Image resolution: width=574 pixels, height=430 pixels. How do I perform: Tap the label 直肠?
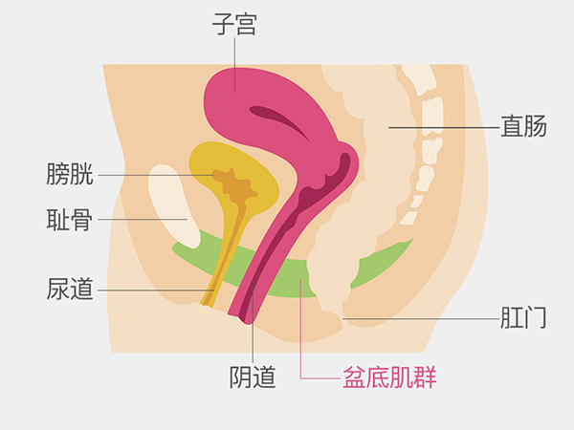pyautogui.click(x=524, y=126)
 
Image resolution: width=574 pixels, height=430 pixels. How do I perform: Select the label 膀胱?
pyautogui.click(x=69, y=175)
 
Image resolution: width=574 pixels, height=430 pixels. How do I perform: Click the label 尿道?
pyautogui.click(x=69, y=289)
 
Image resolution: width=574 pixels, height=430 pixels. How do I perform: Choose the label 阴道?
pyautogui.click(x=253, y=376)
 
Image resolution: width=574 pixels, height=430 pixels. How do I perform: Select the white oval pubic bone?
pyautogui.click(x=168, y=205)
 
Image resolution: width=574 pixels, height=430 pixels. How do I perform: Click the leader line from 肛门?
pyautogui.click(x=421, y=317)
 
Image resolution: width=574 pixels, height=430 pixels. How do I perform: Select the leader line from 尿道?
pyautogui.click(x=153, y=289)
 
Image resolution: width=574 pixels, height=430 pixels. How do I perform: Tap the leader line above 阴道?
pyautogui.click(x=253, y=339)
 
